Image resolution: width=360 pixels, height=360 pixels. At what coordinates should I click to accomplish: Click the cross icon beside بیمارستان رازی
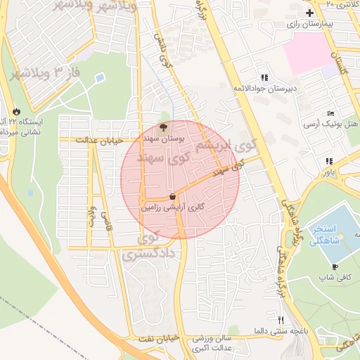click(309, 13)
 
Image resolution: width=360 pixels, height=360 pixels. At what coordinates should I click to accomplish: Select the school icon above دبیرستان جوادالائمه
click(264, 77)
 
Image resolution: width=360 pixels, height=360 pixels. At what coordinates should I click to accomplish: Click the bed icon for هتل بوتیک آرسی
click(330, 113)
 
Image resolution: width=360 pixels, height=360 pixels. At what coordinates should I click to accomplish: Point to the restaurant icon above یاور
click(330, 161)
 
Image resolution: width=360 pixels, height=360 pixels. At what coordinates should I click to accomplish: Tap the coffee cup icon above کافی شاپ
click(335, 266)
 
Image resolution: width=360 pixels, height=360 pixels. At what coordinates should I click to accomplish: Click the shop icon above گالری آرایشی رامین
click(173, 197)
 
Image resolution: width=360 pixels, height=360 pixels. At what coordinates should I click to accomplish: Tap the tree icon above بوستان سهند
click(163, 128)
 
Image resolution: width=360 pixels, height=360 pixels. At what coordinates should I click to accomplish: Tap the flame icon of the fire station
click(15, 111)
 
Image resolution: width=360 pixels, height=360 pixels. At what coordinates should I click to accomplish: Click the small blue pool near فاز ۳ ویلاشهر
click(99, 77)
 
